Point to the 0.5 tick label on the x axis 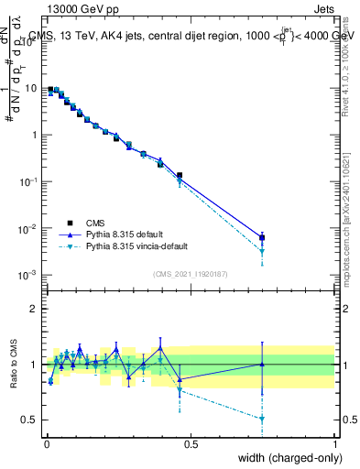[191, 442]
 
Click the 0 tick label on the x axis [47, 442]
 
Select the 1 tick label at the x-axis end [335, 442]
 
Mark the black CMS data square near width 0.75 [262, 237]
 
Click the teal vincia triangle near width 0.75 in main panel [262, 251]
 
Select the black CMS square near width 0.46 [180, 175]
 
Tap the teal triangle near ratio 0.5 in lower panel [262, 419]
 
